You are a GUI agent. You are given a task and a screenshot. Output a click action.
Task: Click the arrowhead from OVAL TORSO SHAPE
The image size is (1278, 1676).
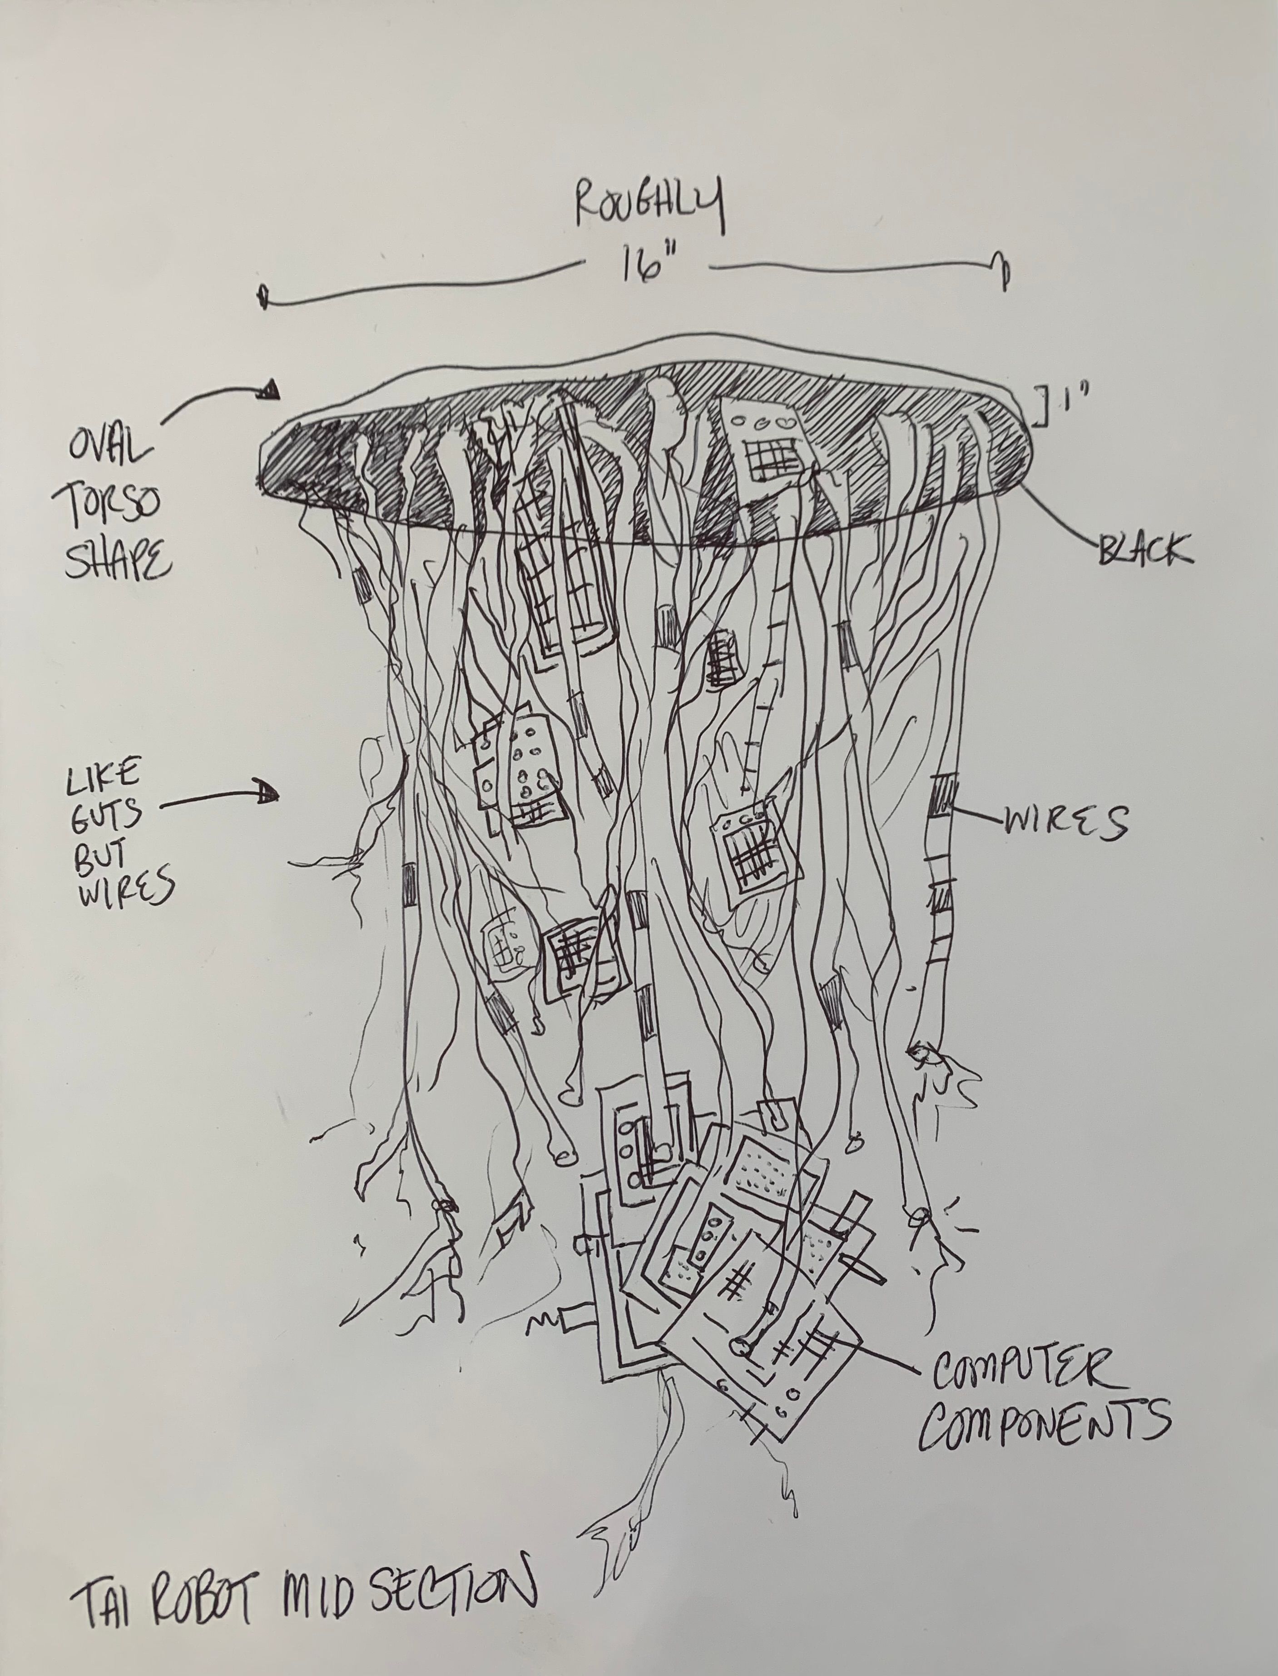[270, 392]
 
